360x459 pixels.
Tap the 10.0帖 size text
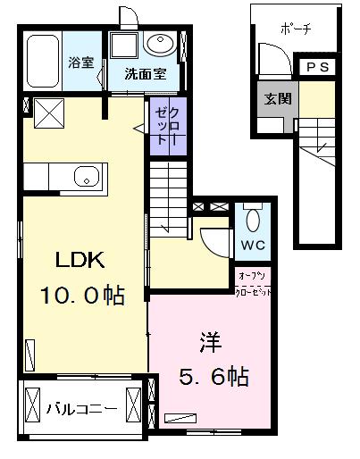point(81,295)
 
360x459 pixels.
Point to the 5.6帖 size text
point(211,377)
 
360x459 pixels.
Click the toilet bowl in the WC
point(252,219)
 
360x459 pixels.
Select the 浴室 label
point(80,63)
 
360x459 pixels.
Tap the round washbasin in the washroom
point(162,44)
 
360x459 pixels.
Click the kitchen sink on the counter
point(88,175)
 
